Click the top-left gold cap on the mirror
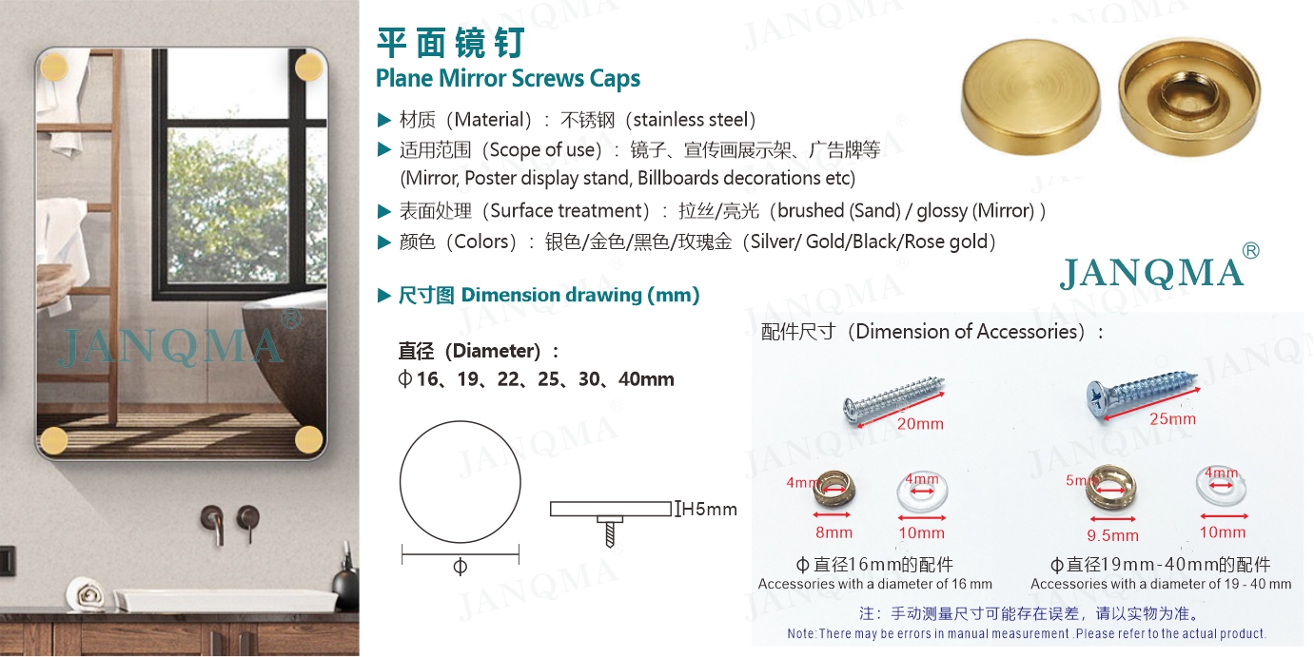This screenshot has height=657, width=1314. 53,68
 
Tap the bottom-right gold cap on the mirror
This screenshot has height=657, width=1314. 308,439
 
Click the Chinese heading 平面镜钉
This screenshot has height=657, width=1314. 450,43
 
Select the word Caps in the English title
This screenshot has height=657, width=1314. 615,79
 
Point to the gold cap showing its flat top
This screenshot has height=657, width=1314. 1030,97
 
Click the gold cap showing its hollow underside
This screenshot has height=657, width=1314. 1189,97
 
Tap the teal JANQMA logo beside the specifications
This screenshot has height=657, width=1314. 1152,273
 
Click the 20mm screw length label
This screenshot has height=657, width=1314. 920,424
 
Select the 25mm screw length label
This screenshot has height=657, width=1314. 1172,419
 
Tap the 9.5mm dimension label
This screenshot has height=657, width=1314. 1112,535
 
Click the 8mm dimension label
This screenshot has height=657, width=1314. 834,532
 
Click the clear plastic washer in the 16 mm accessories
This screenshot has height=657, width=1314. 922,492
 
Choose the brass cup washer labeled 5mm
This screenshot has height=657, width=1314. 1110,488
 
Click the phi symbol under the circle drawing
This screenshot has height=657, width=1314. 460,567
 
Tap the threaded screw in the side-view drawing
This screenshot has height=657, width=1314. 610,532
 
